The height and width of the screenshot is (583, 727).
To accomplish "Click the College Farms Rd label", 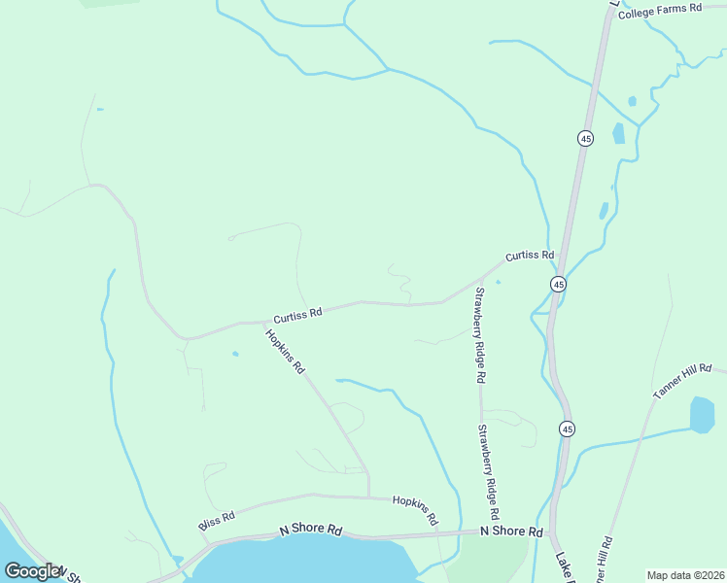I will (x=659, y=9).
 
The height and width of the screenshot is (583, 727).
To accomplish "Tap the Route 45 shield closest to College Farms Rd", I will (x=585, y=139).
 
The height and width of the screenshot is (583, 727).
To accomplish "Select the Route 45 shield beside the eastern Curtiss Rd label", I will (x=558, y=284).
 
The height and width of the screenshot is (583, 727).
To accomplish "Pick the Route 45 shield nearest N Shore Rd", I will (x=567, y=429).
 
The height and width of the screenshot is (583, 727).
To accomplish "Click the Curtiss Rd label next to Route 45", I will (x=529, y=256).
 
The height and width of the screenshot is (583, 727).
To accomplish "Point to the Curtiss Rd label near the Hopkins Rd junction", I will (x=297, y=316).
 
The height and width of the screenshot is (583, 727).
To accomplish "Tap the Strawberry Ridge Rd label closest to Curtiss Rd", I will (x=479, y=334).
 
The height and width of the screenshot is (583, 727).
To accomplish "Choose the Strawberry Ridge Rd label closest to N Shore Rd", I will (x=487, y=470).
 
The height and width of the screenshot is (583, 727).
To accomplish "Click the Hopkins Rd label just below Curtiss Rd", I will (x=286, y=352).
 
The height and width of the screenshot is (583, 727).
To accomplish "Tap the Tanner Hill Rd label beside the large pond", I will (x=683, y=382).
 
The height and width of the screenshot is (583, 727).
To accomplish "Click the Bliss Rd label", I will (x=217, y=521).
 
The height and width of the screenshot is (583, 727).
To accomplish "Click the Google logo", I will (x=32, y=571).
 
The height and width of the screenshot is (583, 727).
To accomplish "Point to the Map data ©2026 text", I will (x=684, y=574).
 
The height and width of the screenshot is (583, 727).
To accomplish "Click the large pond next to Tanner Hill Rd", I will (x=702, y=414).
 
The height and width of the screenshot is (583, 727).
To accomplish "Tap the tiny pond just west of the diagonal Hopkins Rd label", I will (x=235, y=354).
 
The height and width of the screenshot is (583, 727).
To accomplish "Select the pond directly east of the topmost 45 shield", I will (x=618, y=133).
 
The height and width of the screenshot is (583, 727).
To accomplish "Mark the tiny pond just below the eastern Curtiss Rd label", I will (x=499, y=283).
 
